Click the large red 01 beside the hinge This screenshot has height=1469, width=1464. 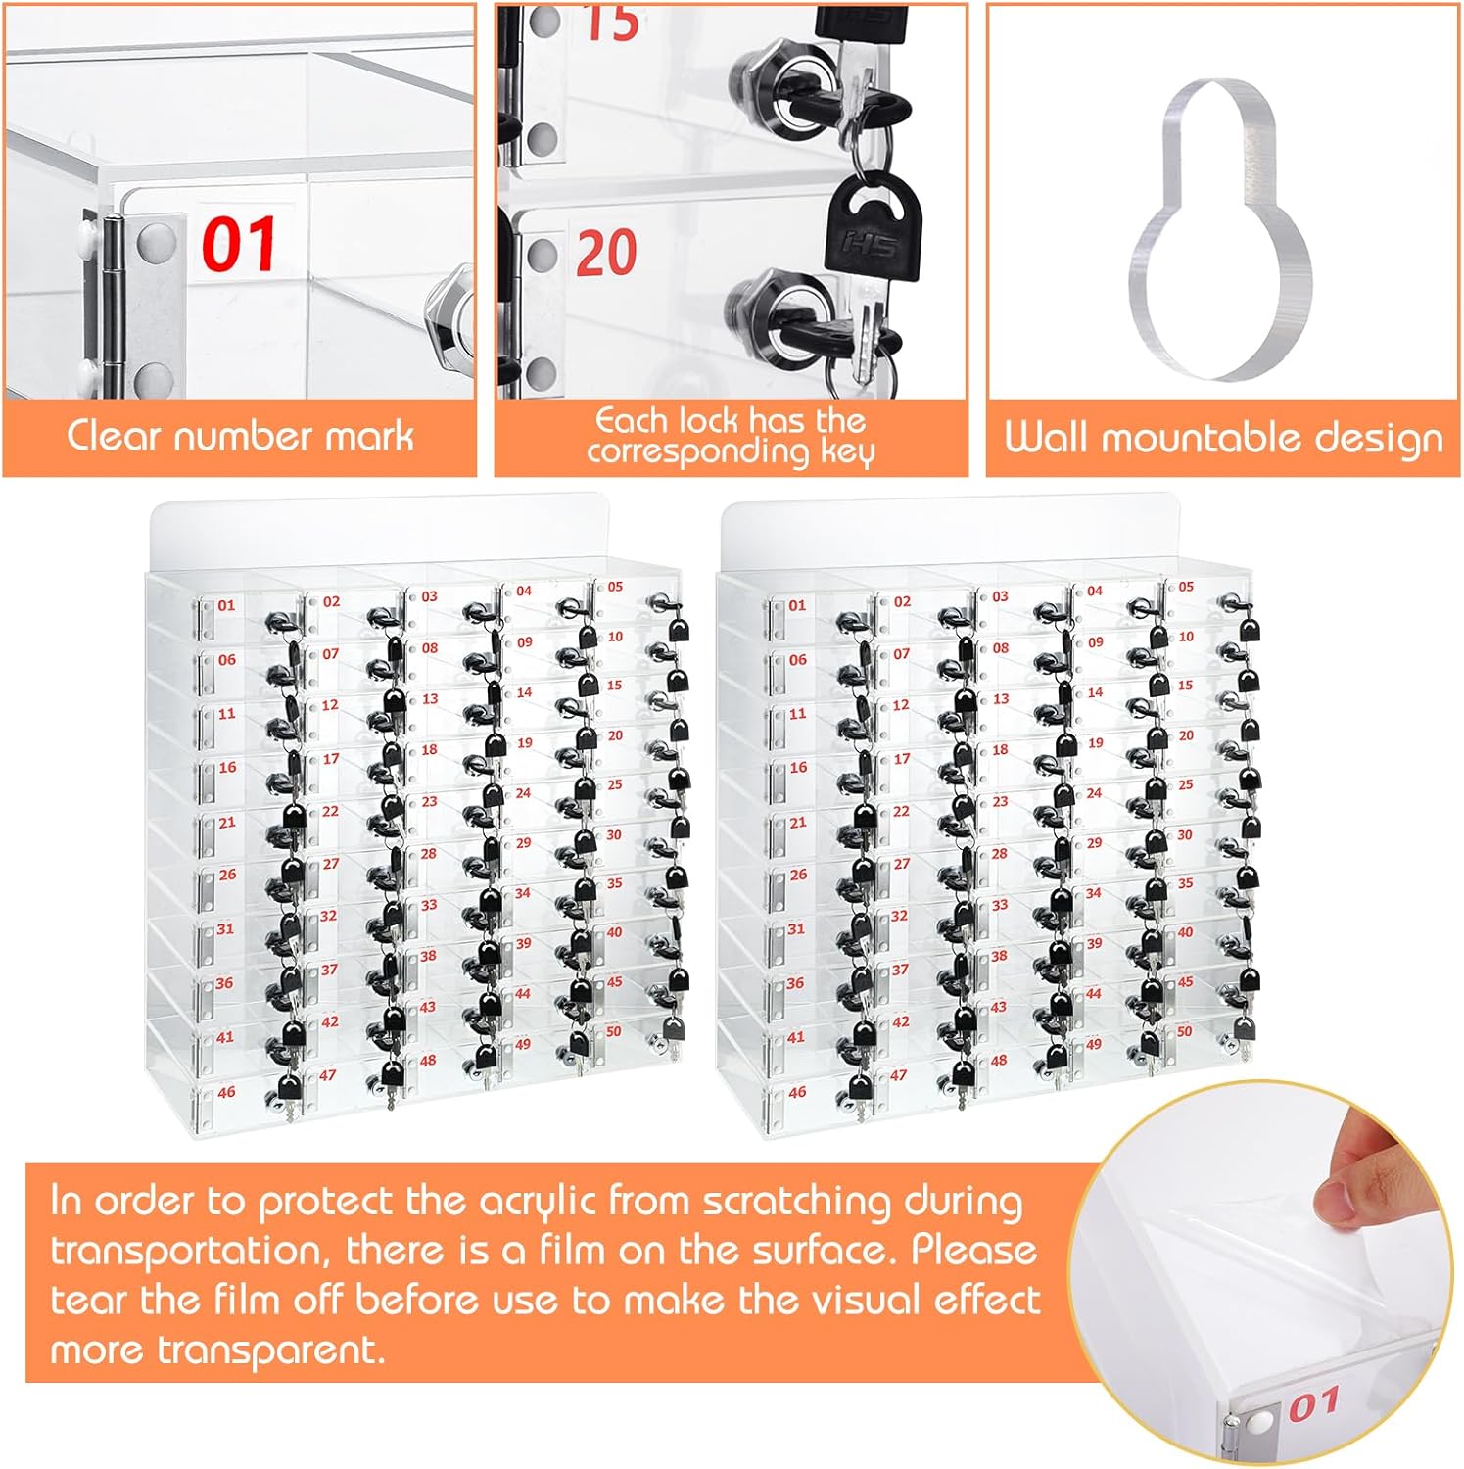[239, 244]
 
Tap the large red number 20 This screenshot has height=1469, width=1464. [606, 253]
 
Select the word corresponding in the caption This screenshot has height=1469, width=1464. [698, 451]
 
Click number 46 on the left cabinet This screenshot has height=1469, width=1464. [226, 1092]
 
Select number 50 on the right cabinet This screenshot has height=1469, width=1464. [1185, 1031]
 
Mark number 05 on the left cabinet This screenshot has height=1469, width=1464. [615, 587]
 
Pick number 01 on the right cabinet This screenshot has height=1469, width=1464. [797, 605]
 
